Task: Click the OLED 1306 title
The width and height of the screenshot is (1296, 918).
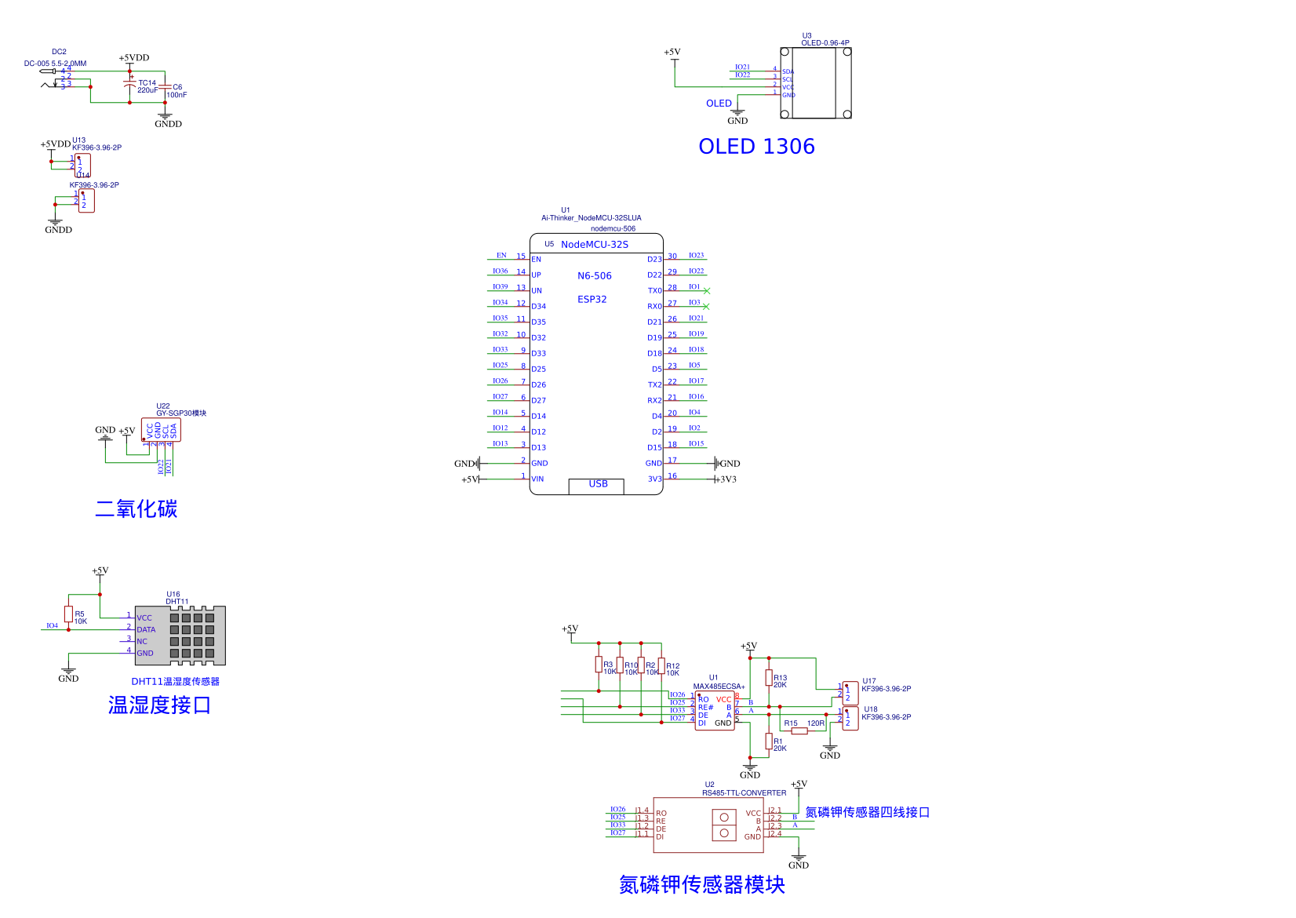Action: [756, 147]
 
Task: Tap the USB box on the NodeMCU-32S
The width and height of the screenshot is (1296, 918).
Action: [596, 485]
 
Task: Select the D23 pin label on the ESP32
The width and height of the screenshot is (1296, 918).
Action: [654, 260]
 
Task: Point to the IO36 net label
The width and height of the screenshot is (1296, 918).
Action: [500, 271]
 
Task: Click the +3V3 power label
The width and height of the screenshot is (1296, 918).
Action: [727, 479]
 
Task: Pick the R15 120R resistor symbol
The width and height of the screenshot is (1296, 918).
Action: [799, 730]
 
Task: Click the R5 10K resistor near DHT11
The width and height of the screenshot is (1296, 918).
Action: [69, 614]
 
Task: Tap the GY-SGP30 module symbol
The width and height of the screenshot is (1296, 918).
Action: [161, 430]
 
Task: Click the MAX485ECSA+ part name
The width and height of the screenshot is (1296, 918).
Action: [719, 687]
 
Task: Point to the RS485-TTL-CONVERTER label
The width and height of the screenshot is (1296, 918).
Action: [744, 793]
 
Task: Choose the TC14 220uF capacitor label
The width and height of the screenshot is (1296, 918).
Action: [147, 86]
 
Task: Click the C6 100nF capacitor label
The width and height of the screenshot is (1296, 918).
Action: [177, 91]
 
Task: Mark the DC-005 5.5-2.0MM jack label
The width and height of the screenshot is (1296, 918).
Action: [55, 64]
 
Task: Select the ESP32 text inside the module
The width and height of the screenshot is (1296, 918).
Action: [592, 300]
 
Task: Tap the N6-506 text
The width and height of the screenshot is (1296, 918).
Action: [594, 276]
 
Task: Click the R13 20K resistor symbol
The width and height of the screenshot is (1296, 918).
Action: [769, 678]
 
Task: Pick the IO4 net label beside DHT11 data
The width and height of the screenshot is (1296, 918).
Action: [52, 626]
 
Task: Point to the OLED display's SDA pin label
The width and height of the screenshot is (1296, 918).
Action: [788, 71]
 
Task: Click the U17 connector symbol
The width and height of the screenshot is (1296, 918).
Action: [850, 693]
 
